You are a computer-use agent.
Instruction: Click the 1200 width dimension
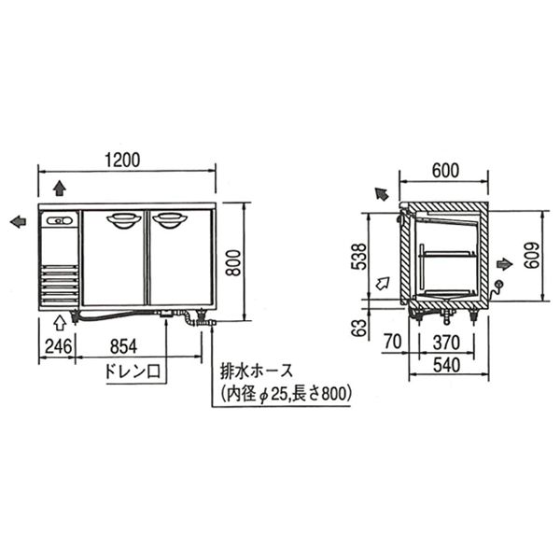(x=122, y=160)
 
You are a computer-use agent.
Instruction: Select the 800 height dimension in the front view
(x=234, y=262)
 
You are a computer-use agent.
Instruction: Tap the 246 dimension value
(x=58, y=346)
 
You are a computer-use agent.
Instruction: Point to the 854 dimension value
(x=123, y=346)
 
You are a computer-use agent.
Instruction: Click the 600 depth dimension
(x=445, y=171)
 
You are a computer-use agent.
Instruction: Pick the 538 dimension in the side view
(x=359, y=257)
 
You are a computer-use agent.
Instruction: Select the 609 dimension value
(x=532, y=256)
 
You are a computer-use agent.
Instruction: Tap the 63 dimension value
(x=359, y=328)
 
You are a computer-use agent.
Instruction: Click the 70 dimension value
(x=393, y=342)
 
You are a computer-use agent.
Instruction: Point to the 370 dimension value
(x=446, y=343)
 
